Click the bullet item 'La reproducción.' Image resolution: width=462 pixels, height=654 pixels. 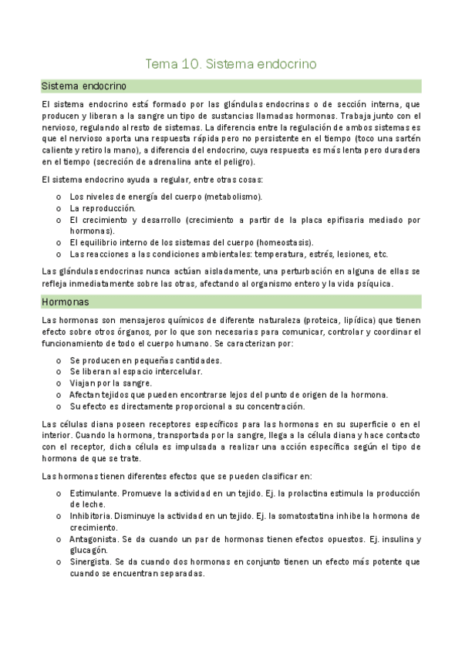103,208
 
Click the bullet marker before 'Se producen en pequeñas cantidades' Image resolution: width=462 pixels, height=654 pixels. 59,360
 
